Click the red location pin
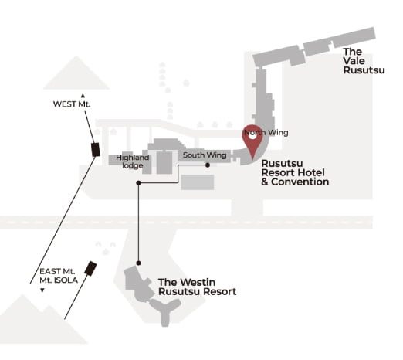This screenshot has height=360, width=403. pyautogui.click(x=252, y=141)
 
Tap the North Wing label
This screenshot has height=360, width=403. pyautogui.click(x=266, y=133)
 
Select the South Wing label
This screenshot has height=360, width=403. pyautogui.click(x=205, y=155)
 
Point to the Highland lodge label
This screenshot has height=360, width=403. pyautogui.click(x=133, y=161)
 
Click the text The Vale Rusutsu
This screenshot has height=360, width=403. pyautogui.click(x=364, y=61)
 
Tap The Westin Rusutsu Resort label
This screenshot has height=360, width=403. pyautogui.click(x=197, y=287)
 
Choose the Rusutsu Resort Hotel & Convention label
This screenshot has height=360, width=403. pyautogui.click(x=295, y=172)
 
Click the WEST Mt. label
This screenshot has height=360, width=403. pyautogui.click(x=72, y=104)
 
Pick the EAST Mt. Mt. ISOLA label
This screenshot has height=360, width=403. pyautogui.click(x=59, y=276)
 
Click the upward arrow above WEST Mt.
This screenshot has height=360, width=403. pyautogui.click(x=83, y=96)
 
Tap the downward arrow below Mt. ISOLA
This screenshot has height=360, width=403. pyautogui.click(x=42, y=290)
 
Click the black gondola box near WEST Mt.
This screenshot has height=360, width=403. pyautogui.click(x=96, y=150)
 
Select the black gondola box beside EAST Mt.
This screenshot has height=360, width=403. pyautogui.click(x=90, y=269)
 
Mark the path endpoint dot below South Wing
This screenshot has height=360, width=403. pyautogui.click(x=208, y=165)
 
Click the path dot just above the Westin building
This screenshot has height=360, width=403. pyautogui.click(x=138, y=263)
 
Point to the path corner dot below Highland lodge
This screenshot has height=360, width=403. pyautogui.click(x=138, y=183)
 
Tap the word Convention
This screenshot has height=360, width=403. pyautogui.click(x=300, y=182)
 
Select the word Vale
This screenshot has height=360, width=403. pyautogui.click(x=354, y=61)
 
